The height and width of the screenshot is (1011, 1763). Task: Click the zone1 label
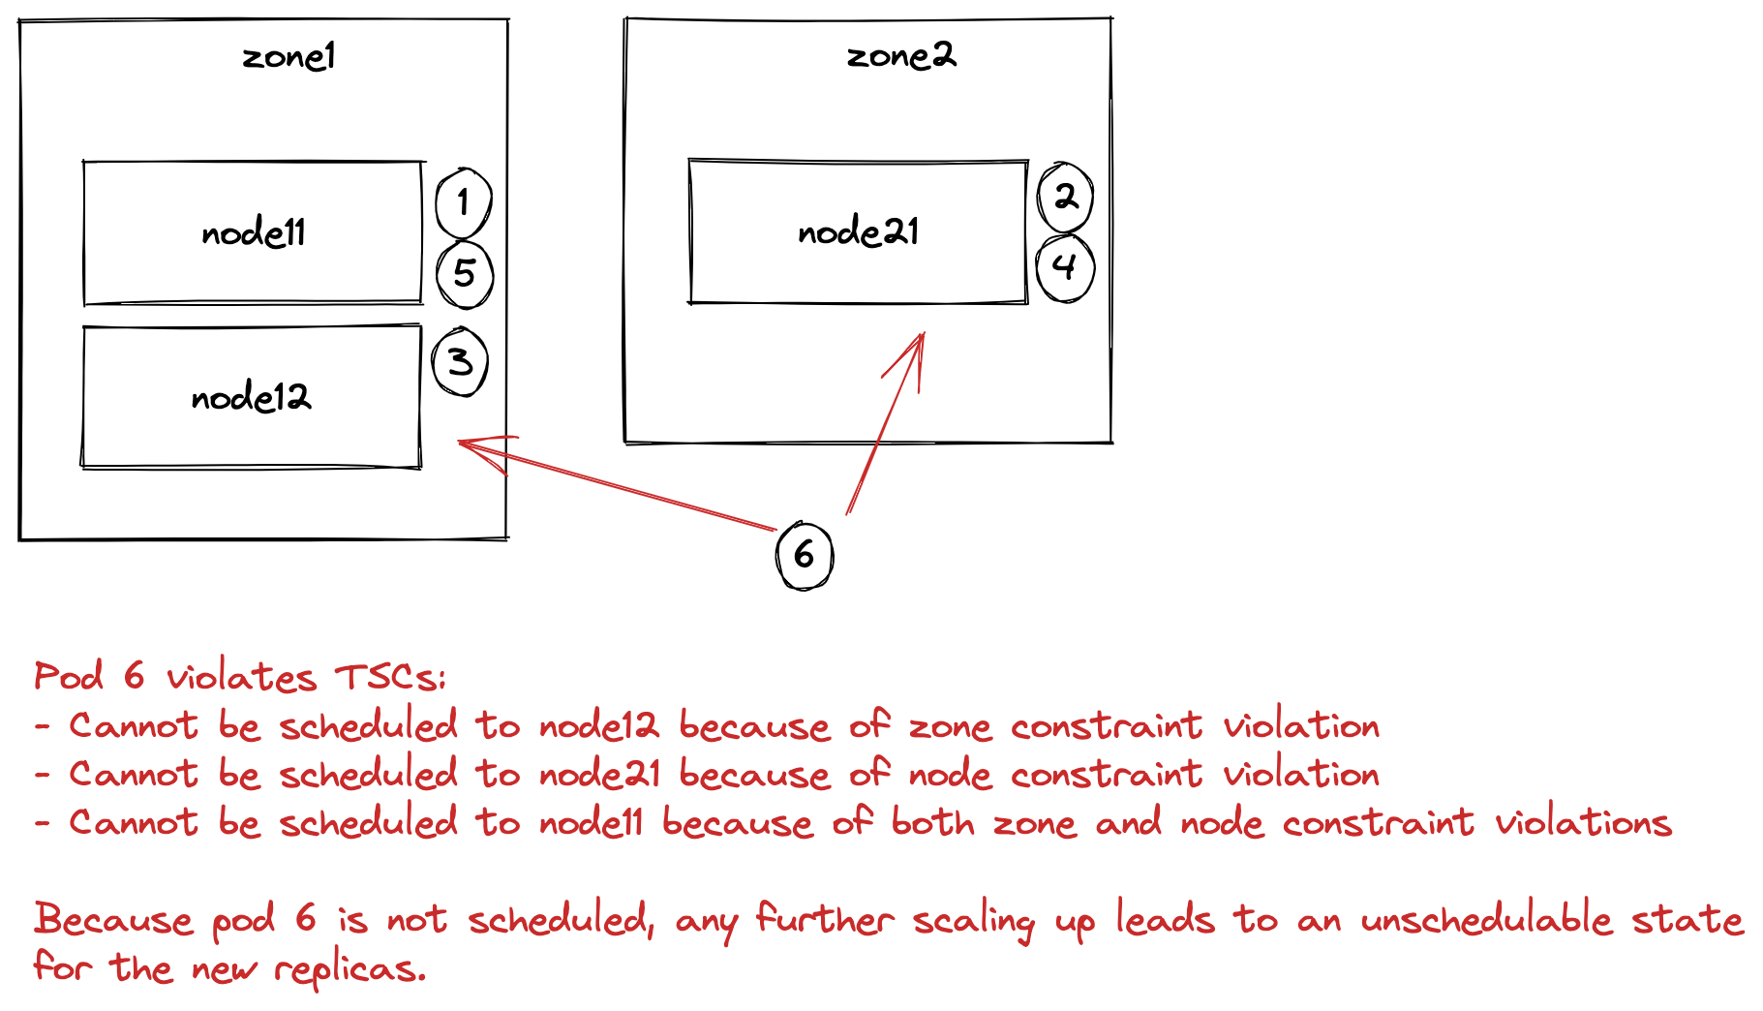point(289,57)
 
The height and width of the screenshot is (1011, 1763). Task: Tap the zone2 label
point(900,56)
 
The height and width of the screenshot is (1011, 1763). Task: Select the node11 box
point(253,232)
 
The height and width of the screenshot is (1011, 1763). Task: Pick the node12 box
point(252,397)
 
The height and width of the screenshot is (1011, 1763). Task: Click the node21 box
point(858,232)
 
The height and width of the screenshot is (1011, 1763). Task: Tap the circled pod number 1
point(464,203)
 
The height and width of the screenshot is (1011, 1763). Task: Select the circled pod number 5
point(465,274)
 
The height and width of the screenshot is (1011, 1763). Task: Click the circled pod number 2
point(1066,198)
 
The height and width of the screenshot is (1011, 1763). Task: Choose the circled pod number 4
point(1065,266)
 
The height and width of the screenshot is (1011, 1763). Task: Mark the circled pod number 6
point(805,555)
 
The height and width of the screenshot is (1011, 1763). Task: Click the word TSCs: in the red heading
point(390,677)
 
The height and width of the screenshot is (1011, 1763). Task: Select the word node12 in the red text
point(598,726)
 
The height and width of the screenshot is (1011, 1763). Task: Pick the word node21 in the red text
point(600,775)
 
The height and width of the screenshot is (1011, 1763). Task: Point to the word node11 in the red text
point(591,823)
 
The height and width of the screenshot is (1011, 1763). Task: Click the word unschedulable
point(1486,919)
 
